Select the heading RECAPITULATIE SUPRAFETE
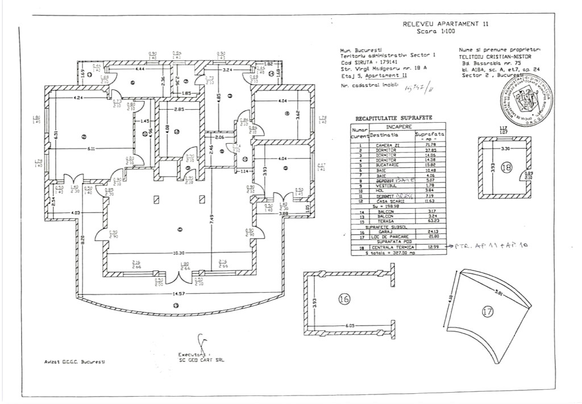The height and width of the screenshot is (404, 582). tap(393, 118)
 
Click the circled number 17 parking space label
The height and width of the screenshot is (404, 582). tap(487, 311)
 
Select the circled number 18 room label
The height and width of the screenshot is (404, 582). tap(506, 168)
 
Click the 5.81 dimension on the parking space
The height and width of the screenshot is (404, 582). tap(498, 294)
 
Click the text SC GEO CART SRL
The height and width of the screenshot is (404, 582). tap(201, 360)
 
